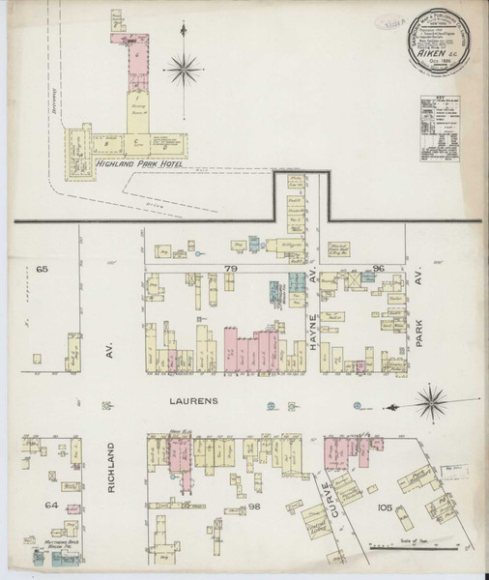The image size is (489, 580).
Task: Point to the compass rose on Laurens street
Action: point(431,404)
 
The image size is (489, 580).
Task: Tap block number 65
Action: point(42,265)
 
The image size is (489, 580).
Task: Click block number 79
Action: point(231,265)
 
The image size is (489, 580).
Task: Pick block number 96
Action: point(378,265)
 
